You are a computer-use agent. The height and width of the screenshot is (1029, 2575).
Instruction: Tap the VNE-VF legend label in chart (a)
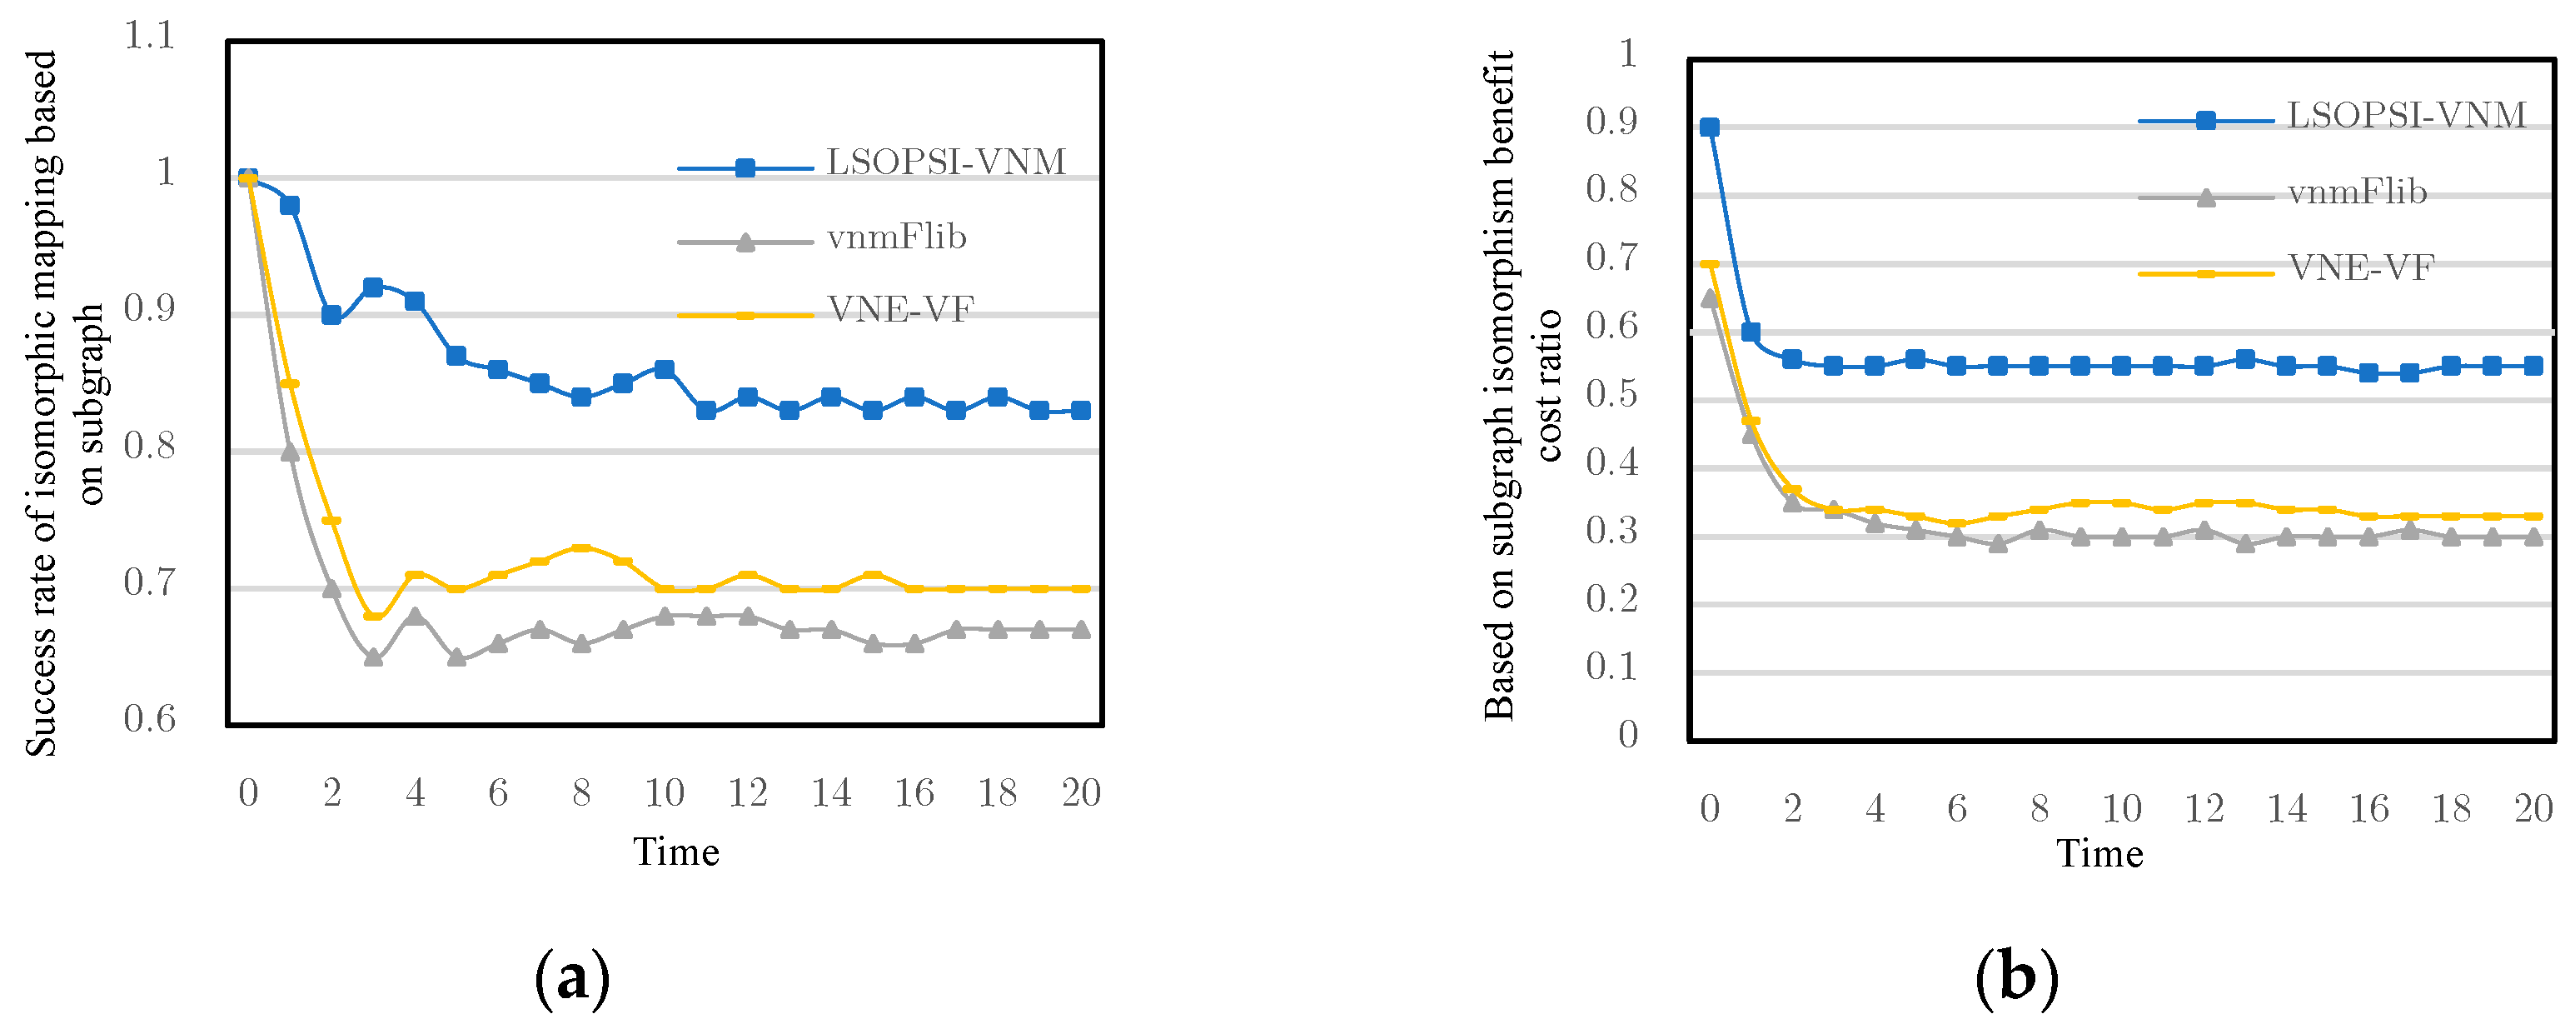tap(899, 310)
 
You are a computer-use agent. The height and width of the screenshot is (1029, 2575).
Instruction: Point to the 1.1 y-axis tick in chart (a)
tap(149, 37)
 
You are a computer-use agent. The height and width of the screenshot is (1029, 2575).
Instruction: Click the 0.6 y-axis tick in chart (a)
tap(149, 719)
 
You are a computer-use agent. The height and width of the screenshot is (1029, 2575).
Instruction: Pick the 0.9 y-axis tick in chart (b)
tap(1611, 122)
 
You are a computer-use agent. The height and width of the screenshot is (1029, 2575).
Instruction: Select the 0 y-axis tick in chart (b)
tap(1627, 735)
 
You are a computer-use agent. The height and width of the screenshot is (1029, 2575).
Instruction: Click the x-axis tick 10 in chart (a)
tap(664, 793)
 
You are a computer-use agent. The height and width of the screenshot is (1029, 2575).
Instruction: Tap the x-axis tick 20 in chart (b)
tap(2533, 809)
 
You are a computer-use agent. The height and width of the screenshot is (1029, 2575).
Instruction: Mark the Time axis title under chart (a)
tap(675, 852)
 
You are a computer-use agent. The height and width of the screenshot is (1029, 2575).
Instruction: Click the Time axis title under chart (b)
tap(2099, 854)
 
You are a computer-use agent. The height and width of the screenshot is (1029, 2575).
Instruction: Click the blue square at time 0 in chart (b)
tap(1710, 127)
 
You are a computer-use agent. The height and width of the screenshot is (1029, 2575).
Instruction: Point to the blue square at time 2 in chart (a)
tap(331, 315)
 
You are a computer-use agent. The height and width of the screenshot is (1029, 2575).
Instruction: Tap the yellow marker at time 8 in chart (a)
tap(580, 548)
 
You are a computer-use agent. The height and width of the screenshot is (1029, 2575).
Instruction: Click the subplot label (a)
tap(572, 978)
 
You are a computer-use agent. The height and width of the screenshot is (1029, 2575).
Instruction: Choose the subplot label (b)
tap(2016, 978)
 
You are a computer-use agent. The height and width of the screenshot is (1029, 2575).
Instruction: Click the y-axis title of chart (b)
tap(1519, 385)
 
